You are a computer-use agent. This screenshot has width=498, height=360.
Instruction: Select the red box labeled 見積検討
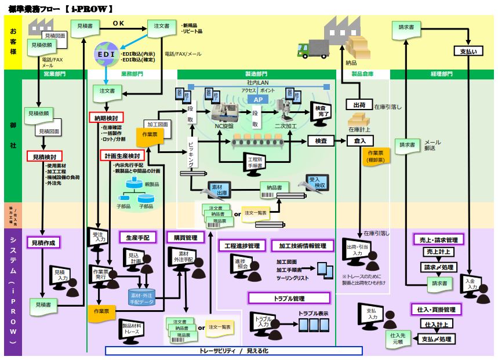point(43,157)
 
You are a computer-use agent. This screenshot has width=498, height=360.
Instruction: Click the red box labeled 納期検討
point(105,118)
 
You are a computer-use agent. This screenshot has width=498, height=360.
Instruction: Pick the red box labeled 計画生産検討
point(122,157)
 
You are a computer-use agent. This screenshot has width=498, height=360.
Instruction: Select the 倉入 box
point(359,141)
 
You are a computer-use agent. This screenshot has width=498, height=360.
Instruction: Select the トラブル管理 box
point(289,299)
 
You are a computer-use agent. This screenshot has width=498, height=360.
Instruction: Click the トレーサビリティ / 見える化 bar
point(234,351)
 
